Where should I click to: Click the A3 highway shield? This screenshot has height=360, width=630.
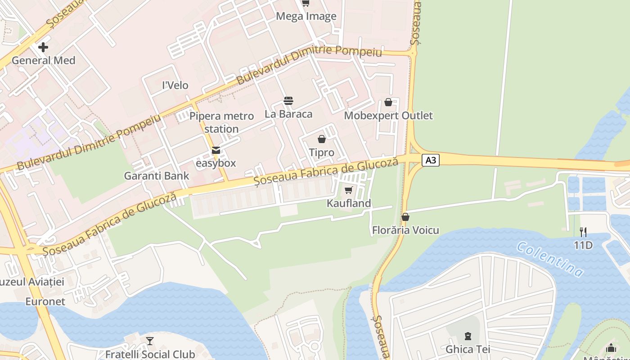(431, 160)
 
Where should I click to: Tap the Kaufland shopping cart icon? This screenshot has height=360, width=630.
(348, 190)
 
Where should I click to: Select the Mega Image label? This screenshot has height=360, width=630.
(306, 17)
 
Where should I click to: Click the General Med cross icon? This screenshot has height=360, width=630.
(43, 47)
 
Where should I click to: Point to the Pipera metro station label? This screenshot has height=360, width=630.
(221, 122)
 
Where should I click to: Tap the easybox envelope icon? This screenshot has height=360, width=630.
(216, 150)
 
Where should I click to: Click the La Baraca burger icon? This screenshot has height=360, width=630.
(288, 101)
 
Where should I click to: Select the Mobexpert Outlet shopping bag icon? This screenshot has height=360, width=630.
(388, 102)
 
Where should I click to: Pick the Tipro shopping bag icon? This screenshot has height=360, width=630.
(321, 139)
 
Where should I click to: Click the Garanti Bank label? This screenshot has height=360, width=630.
(157, 176)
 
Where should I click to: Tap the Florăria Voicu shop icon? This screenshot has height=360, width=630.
(405, 217)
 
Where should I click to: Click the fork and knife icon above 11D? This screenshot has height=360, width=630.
(583, 232)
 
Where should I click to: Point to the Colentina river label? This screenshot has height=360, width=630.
(550, 259)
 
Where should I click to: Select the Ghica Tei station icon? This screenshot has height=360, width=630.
(468, 336)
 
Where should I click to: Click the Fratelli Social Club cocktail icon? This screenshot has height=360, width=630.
(150, 341)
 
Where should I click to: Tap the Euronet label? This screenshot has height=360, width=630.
(45, 301)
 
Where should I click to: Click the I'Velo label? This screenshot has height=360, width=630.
(175, 85)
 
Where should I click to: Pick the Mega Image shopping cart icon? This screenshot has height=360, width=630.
(306, 3)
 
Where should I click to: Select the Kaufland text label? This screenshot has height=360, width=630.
(349, 203)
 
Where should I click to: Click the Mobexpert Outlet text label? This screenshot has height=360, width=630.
(388, 116)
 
